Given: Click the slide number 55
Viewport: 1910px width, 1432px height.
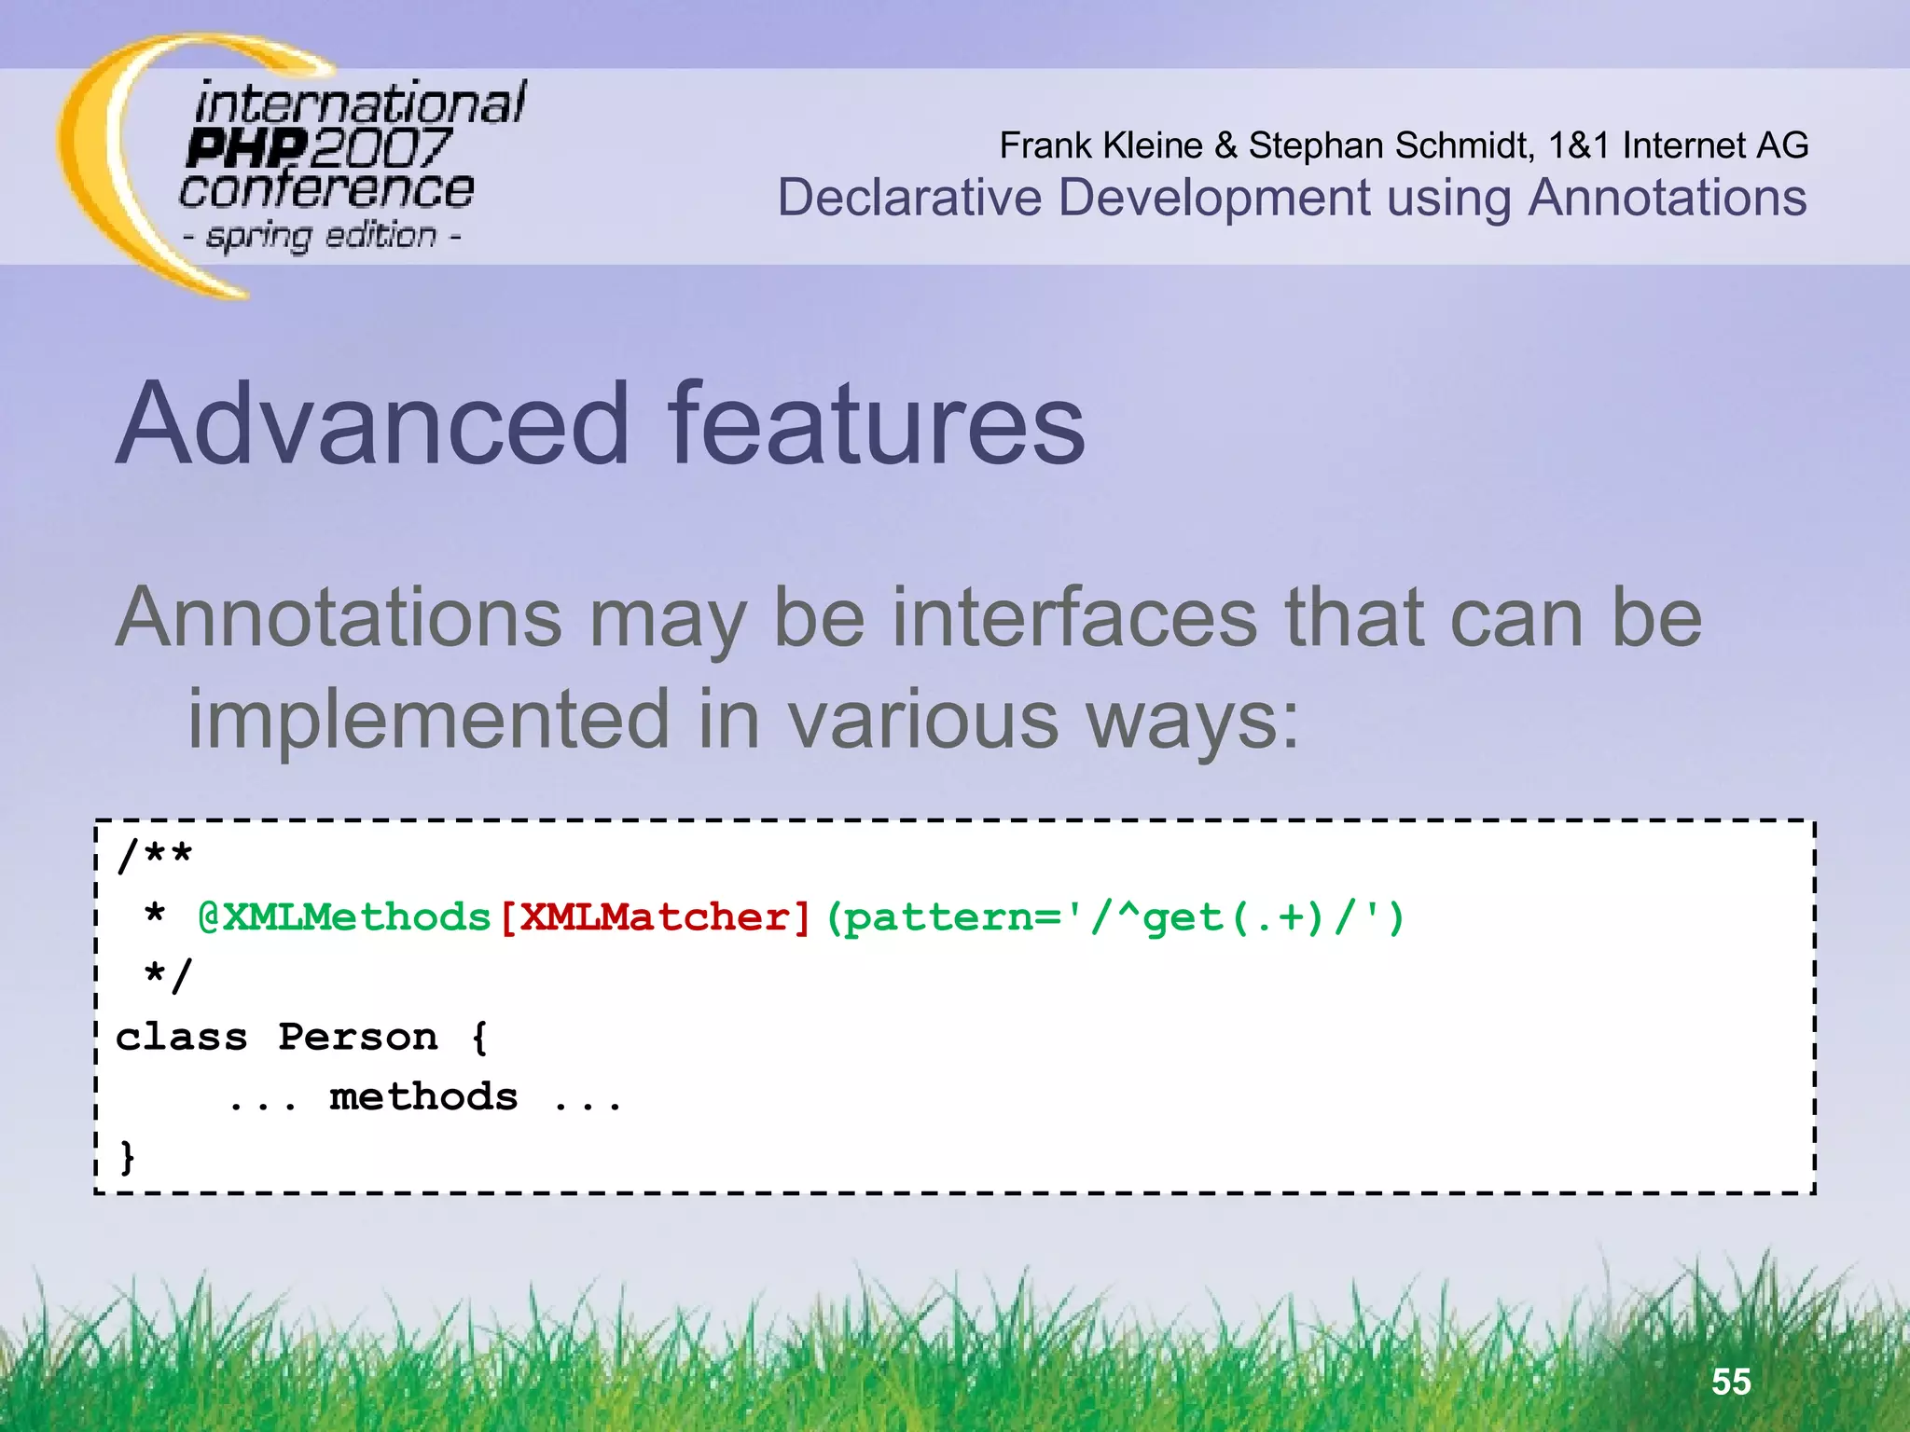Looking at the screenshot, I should point(1731,1382).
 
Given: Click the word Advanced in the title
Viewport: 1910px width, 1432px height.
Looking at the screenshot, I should point(373,424).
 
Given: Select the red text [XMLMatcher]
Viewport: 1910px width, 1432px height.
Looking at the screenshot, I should point(656,918).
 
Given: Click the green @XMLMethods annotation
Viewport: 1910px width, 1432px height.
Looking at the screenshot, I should point(344,918).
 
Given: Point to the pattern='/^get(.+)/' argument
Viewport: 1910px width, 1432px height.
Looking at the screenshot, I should point(1114,918).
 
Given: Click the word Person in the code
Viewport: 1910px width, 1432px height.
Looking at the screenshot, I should point(358,1038).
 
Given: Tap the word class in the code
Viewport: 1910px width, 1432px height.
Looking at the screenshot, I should point(182,1038).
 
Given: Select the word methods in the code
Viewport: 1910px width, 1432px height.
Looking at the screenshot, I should point(423,1097).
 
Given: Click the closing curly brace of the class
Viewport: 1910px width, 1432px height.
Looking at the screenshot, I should point(128,1157).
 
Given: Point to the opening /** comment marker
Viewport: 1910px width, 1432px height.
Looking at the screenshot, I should point(155,855).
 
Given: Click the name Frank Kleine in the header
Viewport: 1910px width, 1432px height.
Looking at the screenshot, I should point(1100,145).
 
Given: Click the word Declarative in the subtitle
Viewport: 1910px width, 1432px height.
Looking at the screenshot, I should point(909,198).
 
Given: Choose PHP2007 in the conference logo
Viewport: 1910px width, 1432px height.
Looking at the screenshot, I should point(317,147).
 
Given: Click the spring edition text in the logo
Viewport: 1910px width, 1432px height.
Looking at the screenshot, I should point(322,236).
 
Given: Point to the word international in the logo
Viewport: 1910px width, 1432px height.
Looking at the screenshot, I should point(360,102).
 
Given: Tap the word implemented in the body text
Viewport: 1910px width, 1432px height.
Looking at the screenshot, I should point(429,719).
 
